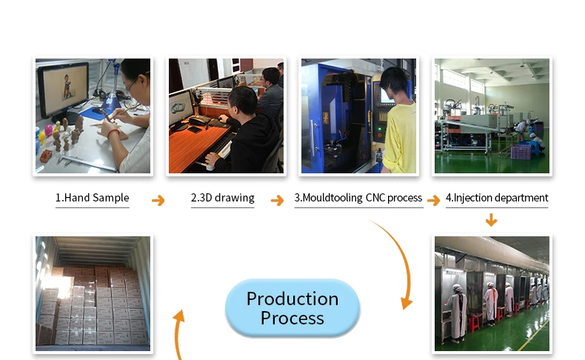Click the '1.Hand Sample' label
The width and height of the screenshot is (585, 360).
click(92, 198)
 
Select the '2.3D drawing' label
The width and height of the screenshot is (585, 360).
click(223, 198)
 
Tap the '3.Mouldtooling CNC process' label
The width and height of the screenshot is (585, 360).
click(358, 198)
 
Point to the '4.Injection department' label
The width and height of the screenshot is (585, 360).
click(497, 198)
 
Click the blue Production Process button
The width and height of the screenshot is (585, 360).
click(292, 308)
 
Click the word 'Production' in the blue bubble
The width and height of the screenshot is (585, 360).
click(292, 299)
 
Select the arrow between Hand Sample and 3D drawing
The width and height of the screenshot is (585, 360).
click(158, 200)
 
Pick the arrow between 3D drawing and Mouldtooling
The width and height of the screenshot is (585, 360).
click(277, 200)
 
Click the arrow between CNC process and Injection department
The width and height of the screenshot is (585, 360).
click(434, 200)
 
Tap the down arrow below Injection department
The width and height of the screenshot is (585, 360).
click(491, 220)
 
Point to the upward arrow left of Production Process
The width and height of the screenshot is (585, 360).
click(178, 333)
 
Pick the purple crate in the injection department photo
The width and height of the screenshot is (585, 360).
click(521, 152)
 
